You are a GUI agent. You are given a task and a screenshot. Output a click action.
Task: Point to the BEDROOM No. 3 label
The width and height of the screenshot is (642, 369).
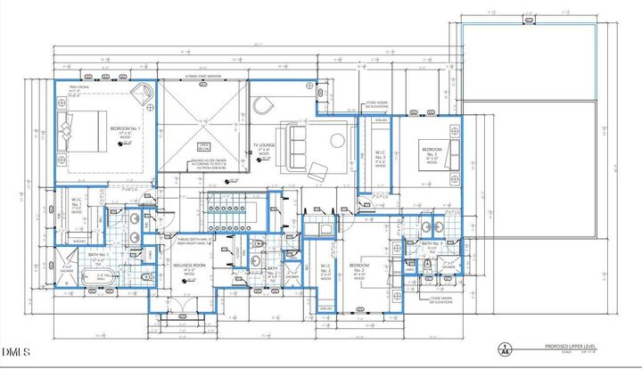[x=431, y=155]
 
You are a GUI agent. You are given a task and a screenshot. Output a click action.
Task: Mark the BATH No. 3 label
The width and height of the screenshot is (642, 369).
[x=432, y=243]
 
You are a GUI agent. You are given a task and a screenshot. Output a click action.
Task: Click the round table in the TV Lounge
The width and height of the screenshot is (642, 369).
[x=336, y=140]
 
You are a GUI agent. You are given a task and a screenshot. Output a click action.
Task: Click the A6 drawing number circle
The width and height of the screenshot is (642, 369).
[x=505, y=349]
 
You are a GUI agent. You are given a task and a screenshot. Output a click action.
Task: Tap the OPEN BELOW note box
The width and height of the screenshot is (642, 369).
[x=203, y=147]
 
